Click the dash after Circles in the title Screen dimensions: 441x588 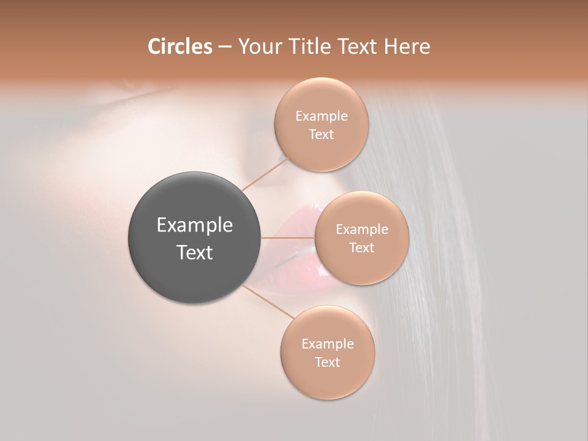225,47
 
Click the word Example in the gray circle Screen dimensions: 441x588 195,225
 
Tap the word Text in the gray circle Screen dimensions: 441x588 195,252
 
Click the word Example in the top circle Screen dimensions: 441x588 321,116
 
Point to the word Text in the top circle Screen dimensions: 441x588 321,135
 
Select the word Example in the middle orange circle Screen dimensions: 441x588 361,230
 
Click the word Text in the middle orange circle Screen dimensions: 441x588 361,248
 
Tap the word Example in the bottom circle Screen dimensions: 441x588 327,344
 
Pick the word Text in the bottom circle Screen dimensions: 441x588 327,363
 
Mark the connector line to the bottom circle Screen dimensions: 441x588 269,301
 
